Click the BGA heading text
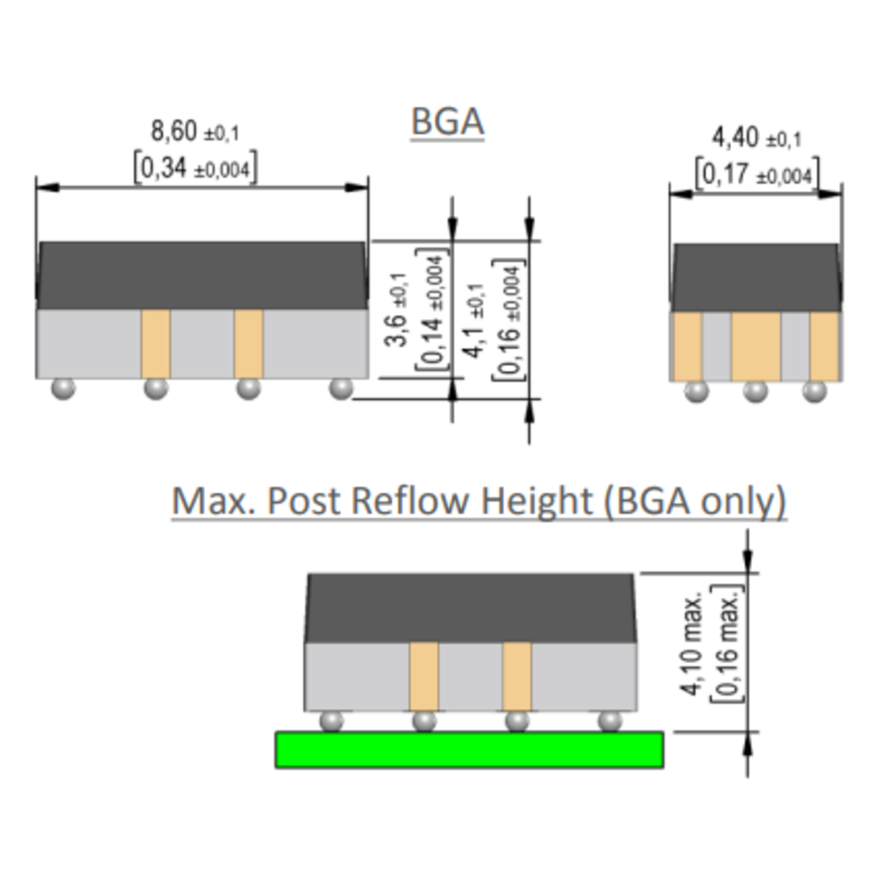pos(448,122)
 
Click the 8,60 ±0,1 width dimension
pos(195,132)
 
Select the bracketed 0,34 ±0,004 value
pos(195,168)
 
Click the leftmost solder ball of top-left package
pos(63,388)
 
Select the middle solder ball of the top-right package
pos(755,391)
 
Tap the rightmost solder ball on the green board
pos(610,721)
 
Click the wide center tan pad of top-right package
pos(755,346)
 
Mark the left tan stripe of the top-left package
pos(156,343)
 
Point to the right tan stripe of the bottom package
pos(517,676)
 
